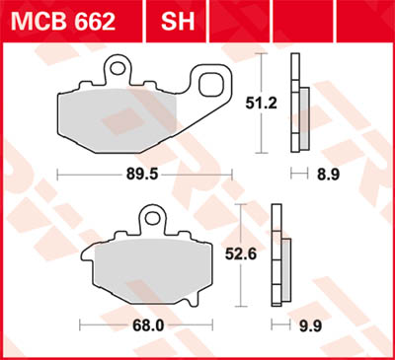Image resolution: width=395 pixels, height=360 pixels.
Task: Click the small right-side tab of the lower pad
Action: click(209, 263)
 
